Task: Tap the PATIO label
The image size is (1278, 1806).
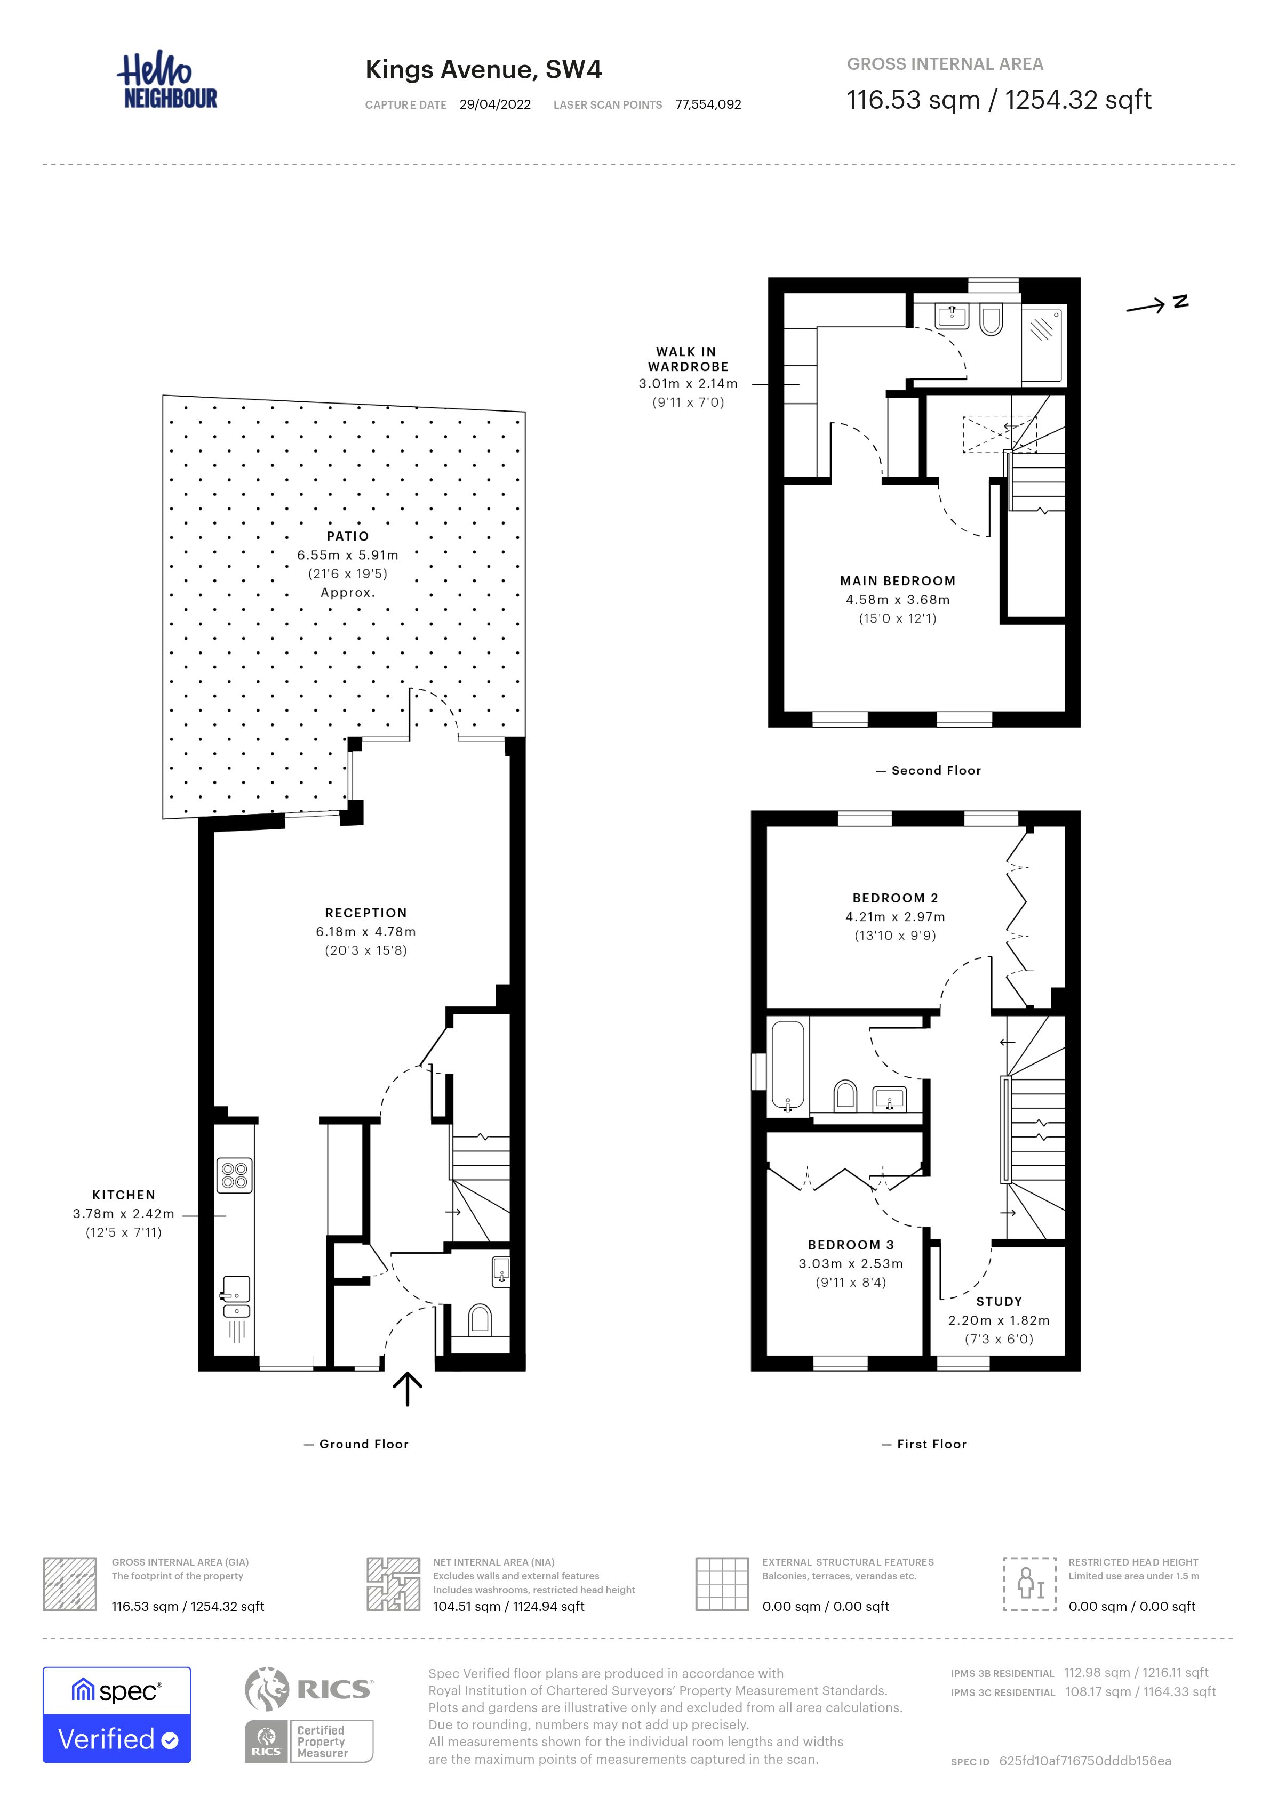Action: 348,536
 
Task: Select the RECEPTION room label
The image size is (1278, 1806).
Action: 366,913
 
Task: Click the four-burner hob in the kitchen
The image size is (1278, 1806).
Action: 235,1175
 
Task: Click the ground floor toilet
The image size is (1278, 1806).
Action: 479,1320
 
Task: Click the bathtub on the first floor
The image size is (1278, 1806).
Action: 788,1065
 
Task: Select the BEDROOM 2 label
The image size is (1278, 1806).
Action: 896,898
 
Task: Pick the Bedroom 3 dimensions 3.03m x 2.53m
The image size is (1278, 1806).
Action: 851,1264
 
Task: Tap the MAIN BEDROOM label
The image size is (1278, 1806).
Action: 898,581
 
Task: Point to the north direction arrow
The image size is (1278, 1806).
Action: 1157,304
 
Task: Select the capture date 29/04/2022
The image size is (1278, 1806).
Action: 495,104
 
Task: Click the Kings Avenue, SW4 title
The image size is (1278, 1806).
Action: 483,70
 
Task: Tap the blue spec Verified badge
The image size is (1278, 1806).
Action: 116,1715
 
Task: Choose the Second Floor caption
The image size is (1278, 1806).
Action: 929,771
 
